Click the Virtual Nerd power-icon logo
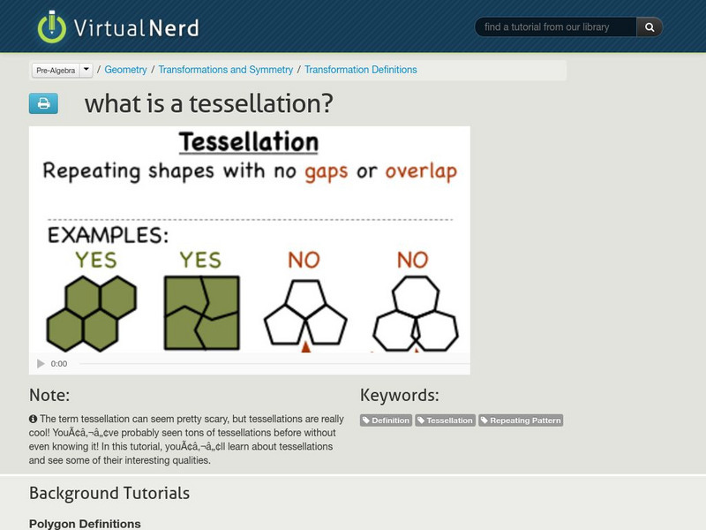(52, 26)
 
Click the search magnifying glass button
(650, 27)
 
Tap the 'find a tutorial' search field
(556, 27)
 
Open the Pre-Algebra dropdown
(62, 70)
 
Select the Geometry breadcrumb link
(126, 70)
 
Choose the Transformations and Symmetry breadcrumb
(226, 70)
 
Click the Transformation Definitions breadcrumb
(361, 70)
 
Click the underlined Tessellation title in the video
(248, 141)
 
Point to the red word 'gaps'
(327, 171)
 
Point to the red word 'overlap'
(421, 171)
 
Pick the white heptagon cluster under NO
(415, 313)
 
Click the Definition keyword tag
(387, 420)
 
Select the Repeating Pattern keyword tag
(521, 420)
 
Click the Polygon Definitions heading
(85, 524)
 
